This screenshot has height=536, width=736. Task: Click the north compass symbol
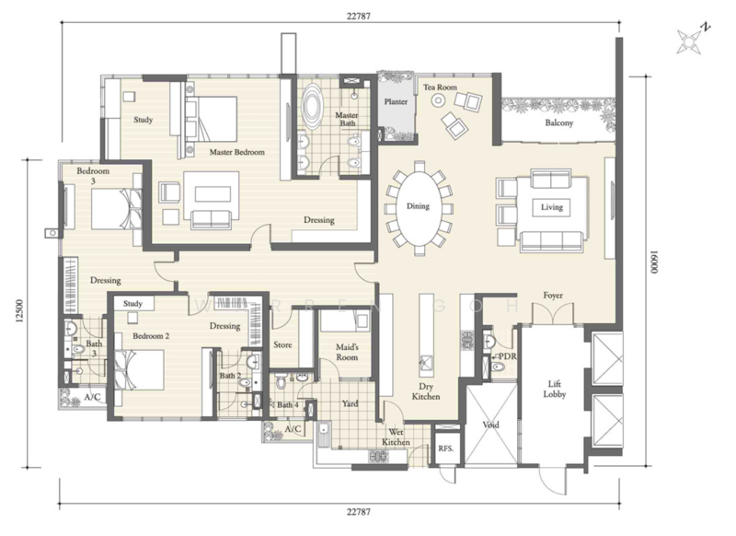coord(691,40)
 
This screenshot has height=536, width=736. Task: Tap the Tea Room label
coord(440,87)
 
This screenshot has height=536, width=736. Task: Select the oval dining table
coord(419,207)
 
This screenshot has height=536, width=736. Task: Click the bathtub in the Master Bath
coord(311,107)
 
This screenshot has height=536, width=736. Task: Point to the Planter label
coord(396,101)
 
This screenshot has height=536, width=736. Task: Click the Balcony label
coord(559,123)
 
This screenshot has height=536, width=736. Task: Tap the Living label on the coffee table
coord(551,207)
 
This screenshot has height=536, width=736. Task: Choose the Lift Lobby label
coord(555,390)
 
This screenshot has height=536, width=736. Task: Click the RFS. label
coord(446,449)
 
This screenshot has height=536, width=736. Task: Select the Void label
coord(490,425)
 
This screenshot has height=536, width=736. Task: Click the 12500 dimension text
coord(19,311)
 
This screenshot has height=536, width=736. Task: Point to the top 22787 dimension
coord(359,16)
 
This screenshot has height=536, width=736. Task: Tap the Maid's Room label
coord(347,353)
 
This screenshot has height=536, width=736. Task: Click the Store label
coord(282,344)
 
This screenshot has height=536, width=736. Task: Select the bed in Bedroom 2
coord(140,369)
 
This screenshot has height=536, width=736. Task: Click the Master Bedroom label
coord(236,152)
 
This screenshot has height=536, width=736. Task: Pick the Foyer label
coord(553,296)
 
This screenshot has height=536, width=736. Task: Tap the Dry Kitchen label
coord(426,391)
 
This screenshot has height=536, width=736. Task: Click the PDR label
coord(508,356)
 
